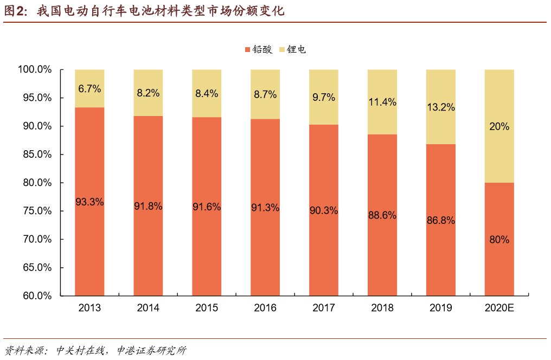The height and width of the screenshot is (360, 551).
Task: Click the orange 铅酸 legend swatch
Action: point(247,50)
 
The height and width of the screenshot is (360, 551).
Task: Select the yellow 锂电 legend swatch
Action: point(282,50)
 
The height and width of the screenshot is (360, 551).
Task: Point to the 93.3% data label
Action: point(89,202)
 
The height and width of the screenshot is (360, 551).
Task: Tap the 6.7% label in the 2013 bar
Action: point(89,89)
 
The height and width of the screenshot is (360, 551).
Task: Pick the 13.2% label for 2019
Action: point(440,107)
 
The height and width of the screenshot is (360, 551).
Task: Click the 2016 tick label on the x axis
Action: point(265,308)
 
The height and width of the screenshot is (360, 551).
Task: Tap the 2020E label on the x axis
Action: point(499,308)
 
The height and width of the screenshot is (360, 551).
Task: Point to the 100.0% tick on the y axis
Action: point(35,70)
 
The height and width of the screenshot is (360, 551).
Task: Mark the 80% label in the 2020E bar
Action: point(499,239)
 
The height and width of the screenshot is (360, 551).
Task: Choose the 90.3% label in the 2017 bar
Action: point(324,210)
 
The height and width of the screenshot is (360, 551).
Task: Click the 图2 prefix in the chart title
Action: point(16,11)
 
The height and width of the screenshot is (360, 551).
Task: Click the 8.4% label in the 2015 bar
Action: point(207,93)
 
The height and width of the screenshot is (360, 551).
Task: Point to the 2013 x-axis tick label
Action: point(89,308)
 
